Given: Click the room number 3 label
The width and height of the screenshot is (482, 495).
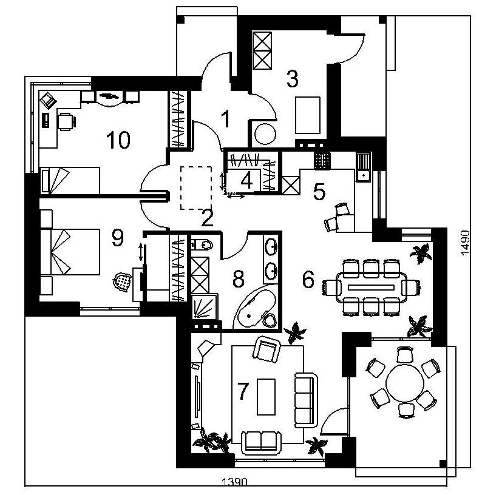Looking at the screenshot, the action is point(292,79).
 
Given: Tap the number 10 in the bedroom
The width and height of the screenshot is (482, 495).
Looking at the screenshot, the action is point(118,140).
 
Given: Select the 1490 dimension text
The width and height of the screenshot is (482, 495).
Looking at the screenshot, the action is point(464,243).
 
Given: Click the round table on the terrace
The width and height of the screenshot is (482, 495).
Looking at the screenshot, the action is point(405,383).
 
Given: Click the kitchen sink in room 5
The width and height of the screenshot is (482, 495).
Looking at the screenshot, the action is point(363,167).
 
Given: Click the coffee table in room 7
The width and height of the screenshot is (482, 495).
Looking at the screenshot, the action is point(266,397).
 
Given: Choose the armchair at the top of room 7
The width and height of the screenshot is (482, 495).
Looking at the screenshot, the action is point(266,349).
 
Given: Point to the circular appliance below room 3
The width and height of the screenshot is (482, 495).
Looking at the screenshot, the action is point(265,134).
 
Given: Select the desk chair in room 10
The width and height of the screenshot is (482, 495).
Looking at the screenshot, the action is point(67,121).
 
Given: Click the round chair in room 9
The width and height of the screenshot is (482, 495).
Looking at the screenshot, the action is point(123,282).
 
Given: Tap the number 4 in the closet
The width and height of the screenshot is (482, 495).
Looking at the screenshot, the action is point(246,181).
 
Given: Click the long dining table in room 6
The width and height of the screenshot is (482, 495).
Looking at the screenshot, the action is point(372,288).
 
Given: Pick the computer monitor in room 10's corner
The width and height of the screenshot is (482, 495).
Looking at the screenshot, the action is point(48,100).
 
